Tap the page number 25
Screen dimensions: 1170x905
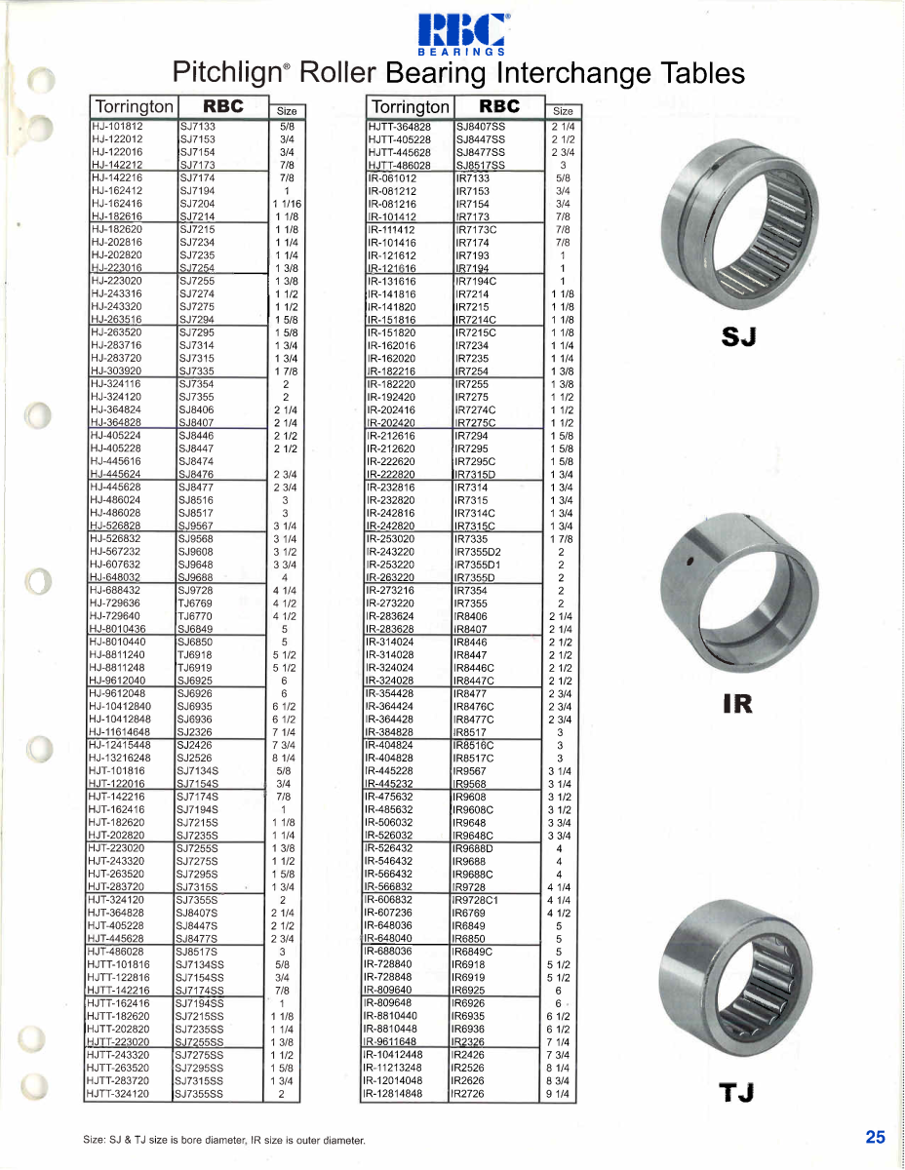[x=875, y=1136]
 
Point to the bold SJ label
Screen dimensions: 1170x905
[x=740, y=336]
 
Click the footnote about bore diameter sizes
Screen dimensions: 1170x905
[x=223, y=1140]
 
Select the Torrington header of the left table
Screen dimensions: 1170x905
[x=133, y=106]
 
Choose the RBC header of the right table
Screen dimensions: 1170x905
[x=499, y=106]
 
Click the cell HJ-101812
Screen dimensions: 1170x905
[x=117, y=127]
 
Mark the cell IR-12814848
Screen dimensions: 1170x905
[x=394, y=1094]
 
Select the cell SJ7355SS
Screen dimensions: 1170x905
[x=201, y=1094]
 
